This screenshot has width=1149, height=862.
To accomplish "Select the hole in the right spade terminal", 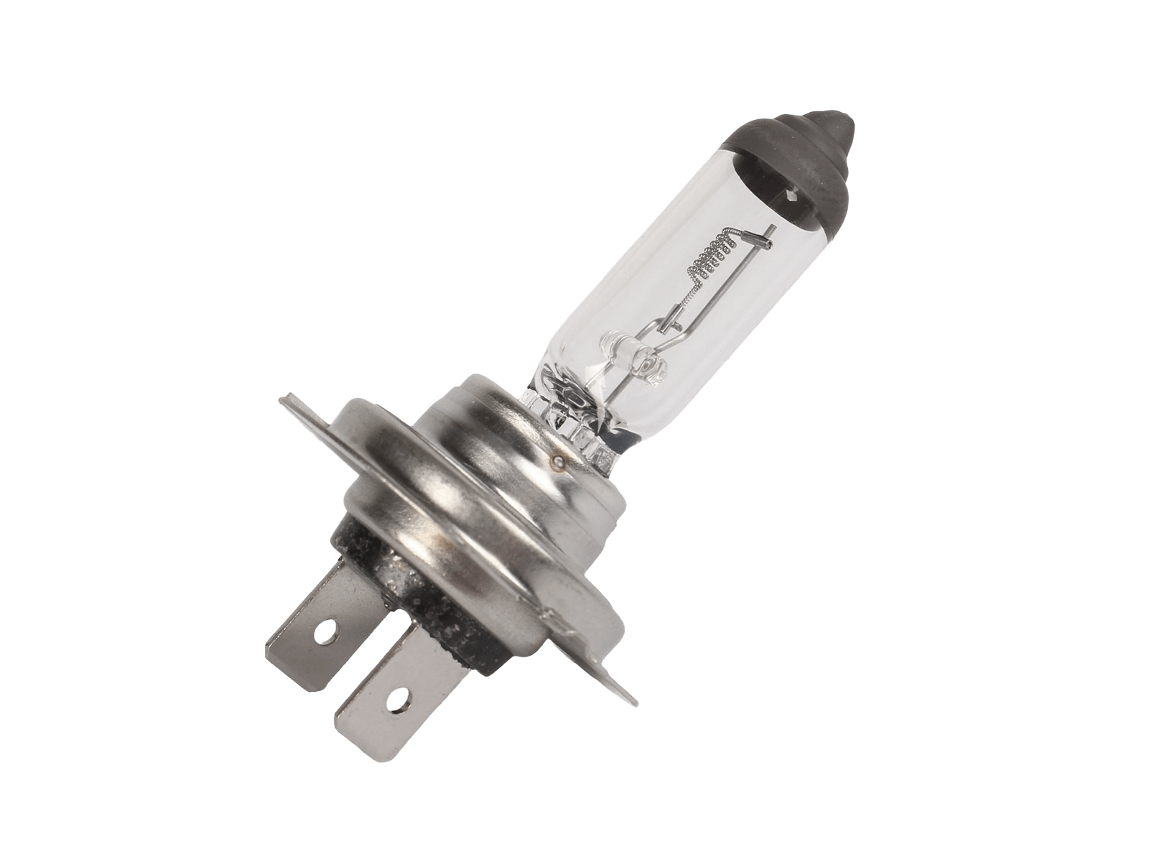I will (394, 697).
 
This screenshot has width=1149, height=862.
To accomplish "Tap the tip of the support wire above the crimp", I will (774, 228).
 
